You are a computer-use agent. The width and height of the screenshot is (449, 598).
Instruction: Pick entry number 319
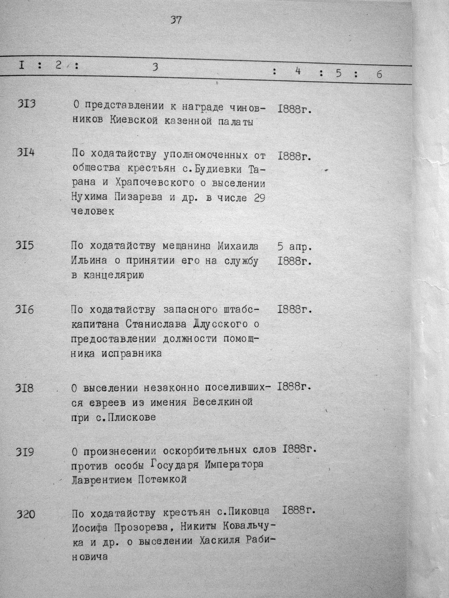(25, 452)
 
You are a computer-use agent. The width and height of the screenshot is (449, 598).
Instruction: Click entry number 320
(25, 513)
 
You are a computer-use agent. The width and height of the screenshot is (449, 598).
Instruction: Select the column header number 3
(155, 67)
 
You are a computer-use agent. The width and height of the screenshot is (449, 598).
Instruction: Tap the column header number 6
(379, 74)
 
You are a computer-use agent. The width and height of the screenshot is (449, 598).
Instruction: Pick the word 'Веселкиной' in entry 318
(223, 402)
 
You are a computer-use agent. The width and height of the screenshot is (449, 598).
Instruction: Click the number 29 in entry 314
(259, 198)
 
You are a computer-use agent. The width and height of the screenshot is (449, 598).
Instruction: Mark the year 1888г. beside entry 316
(294, 310)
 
